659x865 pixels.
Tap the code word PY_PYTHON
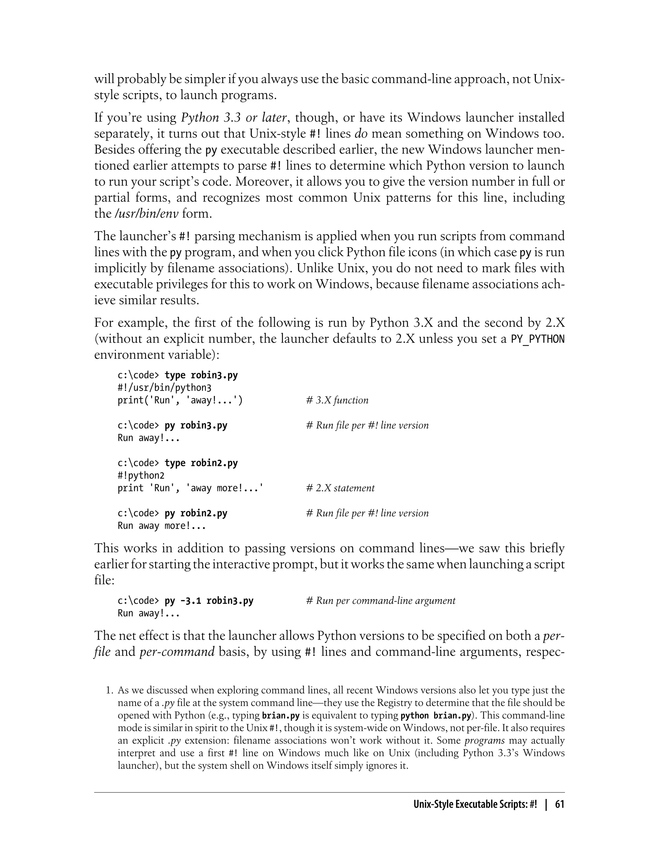point(537,339)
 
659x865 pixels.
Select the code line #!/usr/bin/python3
point(164,388)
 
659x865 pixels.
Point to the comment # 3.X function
point(337,401)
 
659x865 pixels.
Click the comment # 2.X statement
point(340,488)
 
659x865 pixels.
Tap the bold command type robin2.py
point(201,463)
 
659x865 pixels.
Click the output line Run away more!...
point(162,526)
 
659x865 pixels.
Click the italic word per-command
point(177,652)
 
